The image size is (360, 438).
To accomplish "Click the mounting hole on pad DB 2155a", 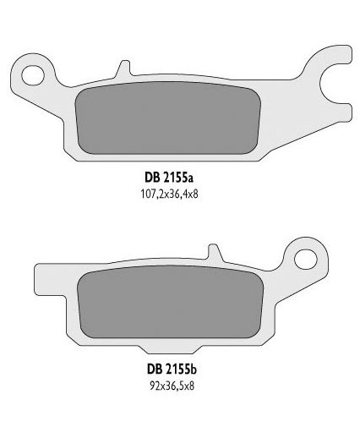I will tap(36, 74).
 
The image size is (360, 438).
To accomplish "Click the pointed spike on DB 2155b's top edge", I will tap(213, 253).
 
